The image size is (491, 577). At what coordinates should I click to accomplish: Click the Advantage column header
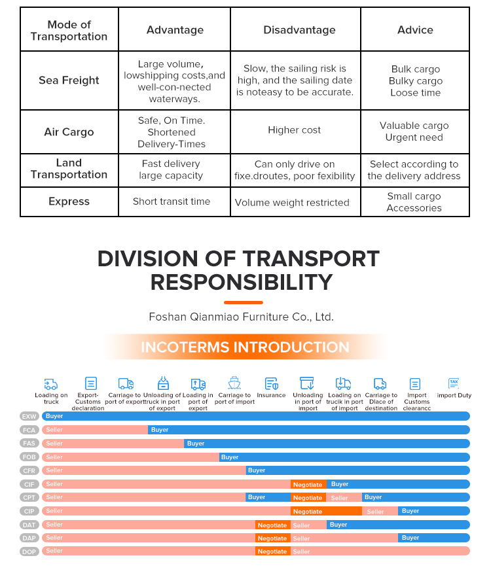(175, 30)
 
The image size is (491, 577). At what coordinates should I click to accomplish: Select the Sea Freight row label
(69, 80)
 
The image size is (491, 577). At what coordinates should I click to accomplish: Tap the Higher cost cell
(295, 130)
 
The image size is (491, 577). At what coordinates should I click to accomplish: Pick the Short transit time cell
(172, 201)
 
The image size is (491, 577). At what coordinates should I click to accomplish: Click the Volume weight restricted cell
(292, 202)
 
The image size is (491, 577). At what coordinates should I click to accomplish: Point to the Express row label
(69, 201)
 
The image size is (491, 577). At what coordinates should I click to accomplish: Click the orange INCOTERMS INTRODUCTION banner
(245, 347)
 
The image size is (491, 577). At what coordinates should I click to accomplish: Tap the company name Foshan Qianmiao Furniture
(242, 317)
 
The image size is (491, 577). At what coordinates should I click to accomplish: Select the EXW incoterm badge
(29, 416)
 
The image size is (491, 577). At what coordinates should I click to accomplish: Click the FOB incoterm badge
(29, 457)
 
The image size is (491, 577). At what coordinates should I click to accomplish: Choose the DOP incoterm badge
(29, 551)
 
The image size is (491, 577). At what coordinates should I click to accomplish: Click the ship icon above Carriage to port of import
(234, 383)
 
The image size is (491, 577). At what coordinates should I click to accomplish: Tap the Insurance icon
(272, 383)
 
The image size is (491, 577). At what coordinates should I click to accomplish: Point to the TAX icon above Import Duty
(454, 383)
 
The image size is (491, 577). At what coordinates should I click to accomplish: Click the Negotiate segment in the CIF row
(308, 484)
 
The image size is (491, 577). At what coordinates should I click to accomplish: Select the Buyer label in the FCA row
(160, 429)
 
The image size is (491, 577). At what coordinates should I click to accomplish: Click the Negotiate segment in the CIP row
(326, 511)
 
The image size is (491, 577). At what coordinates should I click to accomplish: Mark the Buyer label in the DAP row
(410, 538)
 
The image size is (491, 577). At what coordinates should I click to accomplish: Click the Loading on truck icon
(51, 384)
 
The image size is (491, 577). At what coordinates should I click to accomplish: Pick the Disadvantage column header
(299, 30)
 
